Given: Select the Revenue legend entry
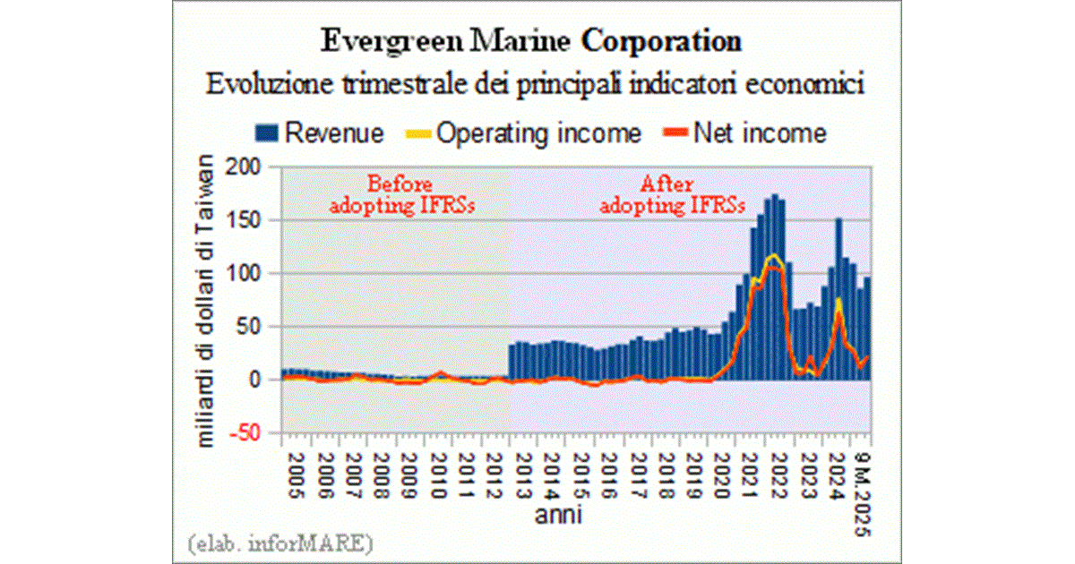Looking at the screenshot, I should (x=333, y=134).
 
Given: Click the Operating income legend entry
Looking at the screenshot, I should (x=539, y=134).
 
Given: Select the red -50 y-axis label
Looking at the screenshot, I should (x=252, y=432).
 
